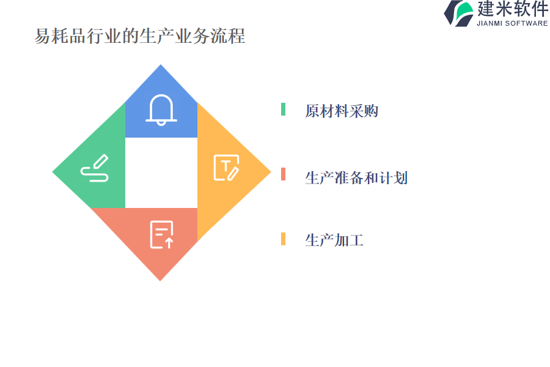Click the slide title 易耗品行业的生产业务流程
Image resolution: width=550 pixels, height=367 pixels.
click(x=139, y=36)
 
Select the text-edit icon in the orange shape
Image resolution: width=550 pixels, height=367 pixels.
click(x=226, y=168)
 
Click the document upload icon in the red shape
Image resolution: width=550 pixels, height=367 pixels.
click(x=162, y=235)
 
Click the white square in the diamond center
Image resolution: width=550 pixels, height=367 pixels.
click(x=161, y=172)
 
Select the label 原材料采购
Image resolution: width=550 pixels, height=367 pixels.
click(x=341, y=111)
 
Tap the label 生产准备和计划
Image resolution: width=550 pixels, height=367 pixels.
click(x=356, y=178)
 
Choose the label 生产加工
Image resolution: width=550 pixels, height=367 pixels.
click(x=334, y=240)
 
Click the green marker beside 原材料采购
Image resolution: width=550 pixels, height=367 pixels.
click(x=283, y=109)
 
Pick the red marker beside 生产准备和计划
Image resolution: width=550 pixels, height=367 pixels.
click(x=283, y=174)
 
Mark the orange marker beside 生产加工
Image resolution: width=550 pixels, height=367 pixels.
click(x=283, y=239)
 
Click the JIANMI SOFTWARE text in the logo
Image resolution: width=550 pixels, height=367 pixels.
click(x=512, y=23)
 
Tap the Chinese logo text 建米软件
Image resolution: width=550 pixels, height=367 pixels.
click(x=513, y=9)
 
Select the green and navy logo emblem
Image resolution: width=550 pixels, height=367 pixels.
click(x=459, y=13)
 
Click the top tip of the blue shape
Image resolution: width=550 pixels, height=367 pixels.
click(x=161, y=65)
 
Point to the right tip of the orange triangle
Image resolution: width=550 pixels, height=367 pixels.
click(x=271, y=172)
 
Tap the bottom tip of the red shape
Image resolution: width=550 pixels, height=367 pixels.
click(x=160, y=281)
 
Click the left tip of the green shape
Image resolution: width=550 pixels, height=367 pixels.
click(x=53, y=172)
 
